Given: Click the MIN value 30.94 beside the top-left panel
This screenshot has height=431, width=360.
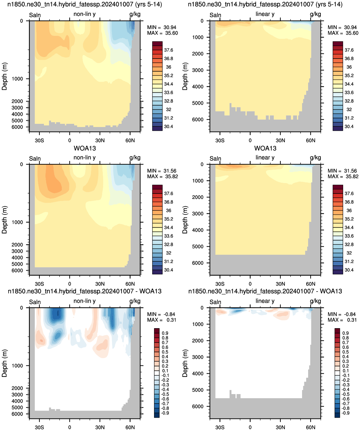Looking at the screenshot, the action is click(x=170, y=27).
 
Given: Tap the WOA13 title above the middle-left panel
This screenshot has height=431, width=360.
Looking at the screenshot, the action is click(x=85, y=148).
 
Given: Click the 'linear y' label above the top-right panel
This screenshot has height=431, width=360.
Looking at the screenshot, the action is click(x=265, y=14).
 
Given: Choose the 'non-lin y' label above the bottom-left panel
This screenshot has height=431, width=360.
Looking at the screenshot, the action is click(x=85, y=301).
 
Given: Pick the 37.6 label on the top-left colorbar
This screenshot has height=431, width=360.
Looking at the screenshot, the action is click(x=168, y=50).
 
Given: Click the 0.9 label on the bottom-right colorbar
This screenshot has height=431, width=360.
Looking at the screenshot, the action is click(x=346, y=333).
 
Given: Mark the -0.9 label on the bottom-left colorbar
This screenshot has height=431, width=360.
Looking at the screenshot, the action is click(x=165, y=413).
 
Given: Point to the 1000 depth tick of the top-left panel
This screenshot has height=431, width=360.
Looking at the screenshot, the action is click(x=17, y=79).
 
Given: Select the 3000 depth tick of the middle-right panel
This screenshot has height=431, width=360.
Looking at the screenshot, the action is click(x=198, y=214).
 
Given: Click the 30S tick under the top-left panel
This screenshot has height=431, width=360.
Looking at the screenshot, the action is click(x=39, y=140).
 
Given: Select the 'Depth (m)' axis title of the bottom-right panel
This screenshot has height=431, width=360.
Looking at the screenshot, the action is click(x=185, y=363).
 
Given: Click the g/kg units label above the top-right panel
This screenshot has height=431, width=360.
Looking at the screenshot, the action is click(x=315, y=14).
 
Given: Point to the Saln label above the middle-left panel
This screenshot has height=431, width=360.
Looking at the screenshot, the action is click(x=35, y=159).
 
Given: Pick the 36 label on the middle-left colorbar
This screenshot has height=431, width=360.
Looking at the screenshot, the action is click(x=168, y=210).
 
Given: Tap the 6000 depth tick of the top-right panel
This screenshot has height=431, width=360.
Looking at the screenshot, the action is click(x=198, y=119).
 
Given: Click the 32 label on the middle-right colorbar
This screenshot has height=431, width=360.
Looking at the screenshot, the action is click(x=349, y=253).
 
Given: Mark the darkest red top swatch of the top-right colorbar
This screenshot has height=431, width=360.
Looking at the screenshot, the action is click(x=338, y=44).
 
